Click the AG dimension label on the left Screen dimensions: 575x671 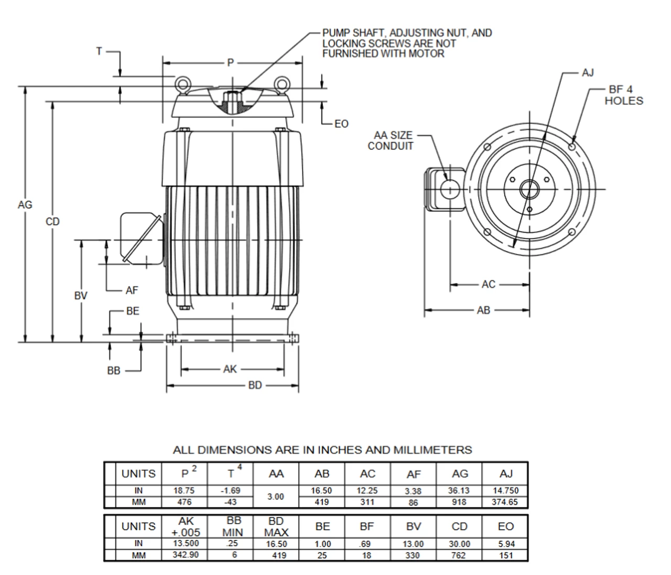[x=25, y=205]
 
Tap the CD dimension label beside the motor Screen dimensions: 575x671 [x=52, y=222]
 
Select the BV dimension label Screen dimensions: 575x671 [x=80, y=296]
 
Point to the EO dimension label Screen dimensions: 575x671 [x=341, y=124]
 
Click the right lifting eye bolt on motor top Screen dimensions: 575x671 [x=282, y=84]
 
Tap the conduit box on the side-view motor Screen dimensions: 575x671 [x=140, y=238]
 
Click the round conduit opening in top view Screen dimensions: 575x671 [x=450, y=189]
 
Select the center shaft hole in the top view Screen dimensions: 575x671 [x=529, y=189]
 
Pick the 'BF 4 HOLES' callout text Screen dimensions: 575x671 [x=623, y=95]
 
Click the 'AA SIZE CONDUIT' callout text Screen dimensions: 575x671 [x=390, y=140]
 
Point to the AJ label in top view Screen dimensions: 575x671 [x=588, y=72]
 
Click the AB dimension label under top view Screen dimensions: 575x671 [x=483, y=310]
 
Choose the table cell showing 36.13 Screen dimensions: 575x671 [x=459, y=491]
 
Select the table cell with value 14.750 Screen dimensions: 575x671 [x=505, y=491]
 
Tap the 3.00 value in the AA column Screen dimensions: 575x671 [x=276, y=496]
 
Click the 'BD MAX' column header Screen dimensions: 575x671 [x=276, y=526]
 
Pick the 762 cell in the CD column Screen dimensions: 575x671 [x=458, y=555]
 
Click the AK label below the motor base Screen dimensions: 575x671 [x=230, y=370]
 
